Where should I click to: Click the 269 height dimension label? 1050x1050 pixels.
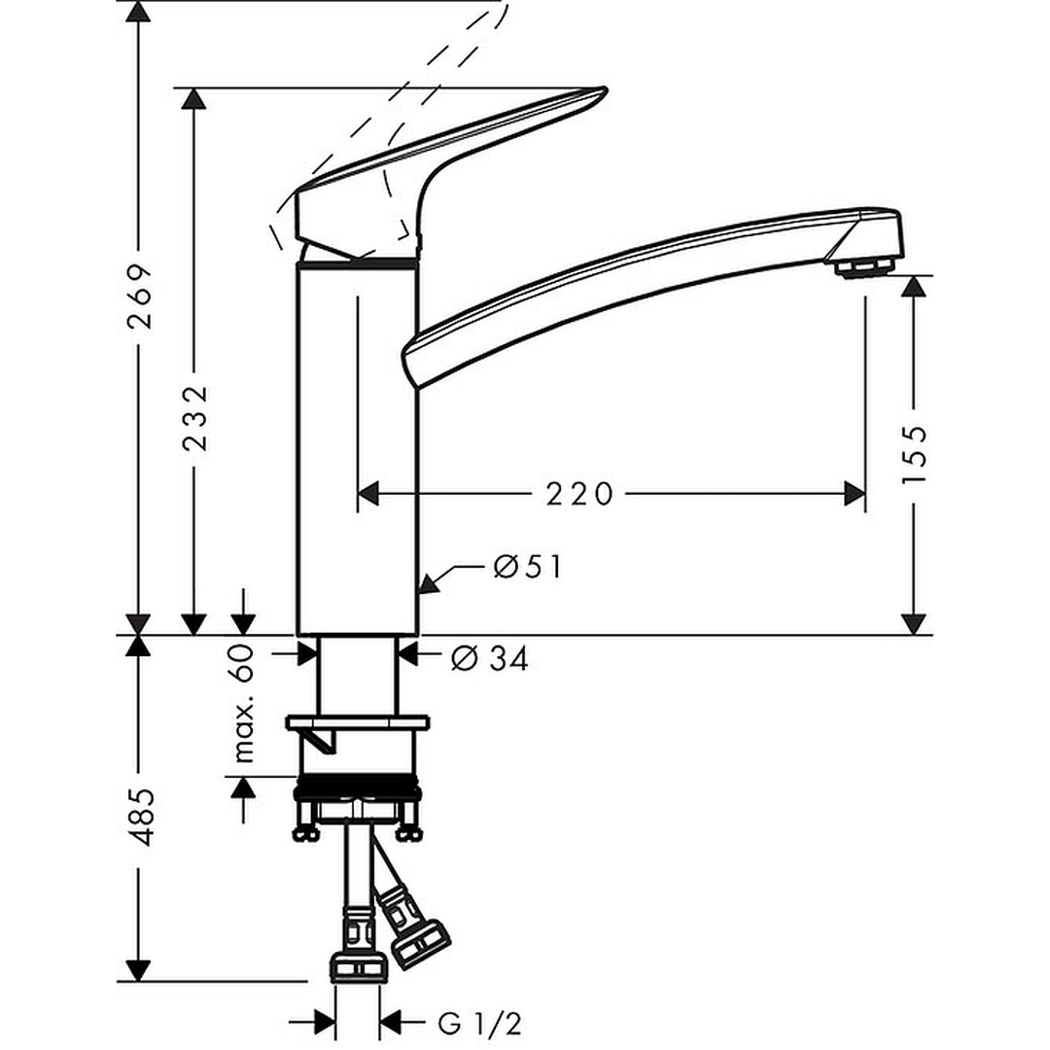click(x=141, y=297)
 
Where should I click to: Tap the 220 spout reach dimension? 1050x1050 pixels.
click(x=579, y=494)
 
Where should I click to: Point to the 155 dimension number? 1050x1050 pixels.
click(x=914, y=453)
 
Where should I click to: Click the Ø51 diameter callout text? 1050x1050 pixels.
click(x=528, y=568)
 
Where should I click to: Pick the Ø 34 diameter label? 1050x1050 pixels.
click(x=489, y=659)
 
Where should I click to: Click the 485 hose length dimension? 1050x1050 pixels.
click(x=141, y=817)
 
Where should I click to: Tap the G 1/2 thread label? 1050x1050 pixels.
click(x=479, y=1024)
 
